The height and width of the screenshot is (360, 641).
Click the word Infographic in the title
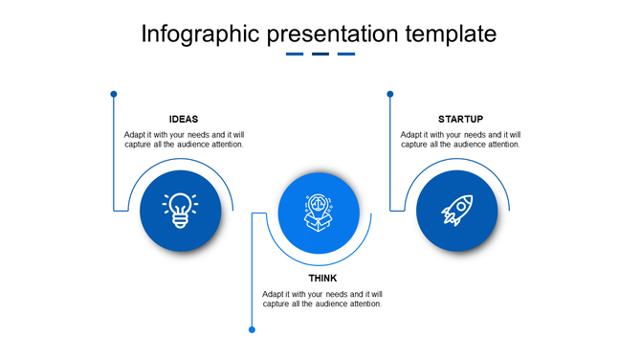[196, 34]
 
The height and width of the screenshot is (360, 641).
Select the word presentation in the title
[328, 34]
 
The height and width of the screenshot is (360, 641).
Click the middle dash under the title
[320, 55]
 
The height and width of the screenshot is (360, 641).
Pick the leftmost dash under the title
[295, 55]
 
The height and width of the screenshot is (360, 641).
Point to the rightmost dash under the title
[346, 55]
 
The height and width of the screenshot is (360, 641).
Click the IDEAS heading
[184, 119]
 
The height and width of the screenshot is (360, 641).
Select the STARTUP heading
[460, 119]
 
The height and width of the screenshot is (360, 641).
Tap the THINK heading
[322, 279]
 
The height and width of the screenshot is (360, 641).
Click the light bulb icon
[180, 211]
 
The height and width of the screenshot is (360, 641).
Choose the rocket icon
[456, 211]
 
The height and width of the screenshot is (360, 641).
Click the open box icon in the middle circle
[319, 213]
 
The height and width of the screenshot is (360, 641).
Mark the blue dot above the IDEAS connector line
[114, 94]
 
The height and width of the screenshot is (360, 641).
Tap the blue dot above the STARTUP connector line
[390, 94]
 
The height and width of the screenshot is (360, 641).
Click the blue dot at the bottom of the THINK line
[253, 329]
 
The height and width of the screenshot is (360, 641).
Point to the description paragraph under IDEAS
[184, 140]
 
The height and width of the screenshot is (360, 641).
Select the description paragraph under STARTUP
[460, 140]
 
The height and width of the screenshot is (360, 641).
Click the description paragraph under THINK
[322, 299]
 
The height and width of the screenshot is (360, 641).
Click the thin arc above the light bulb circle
[180, 160]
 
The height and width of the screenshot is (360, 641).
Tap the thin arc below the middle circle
[319, 265]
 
